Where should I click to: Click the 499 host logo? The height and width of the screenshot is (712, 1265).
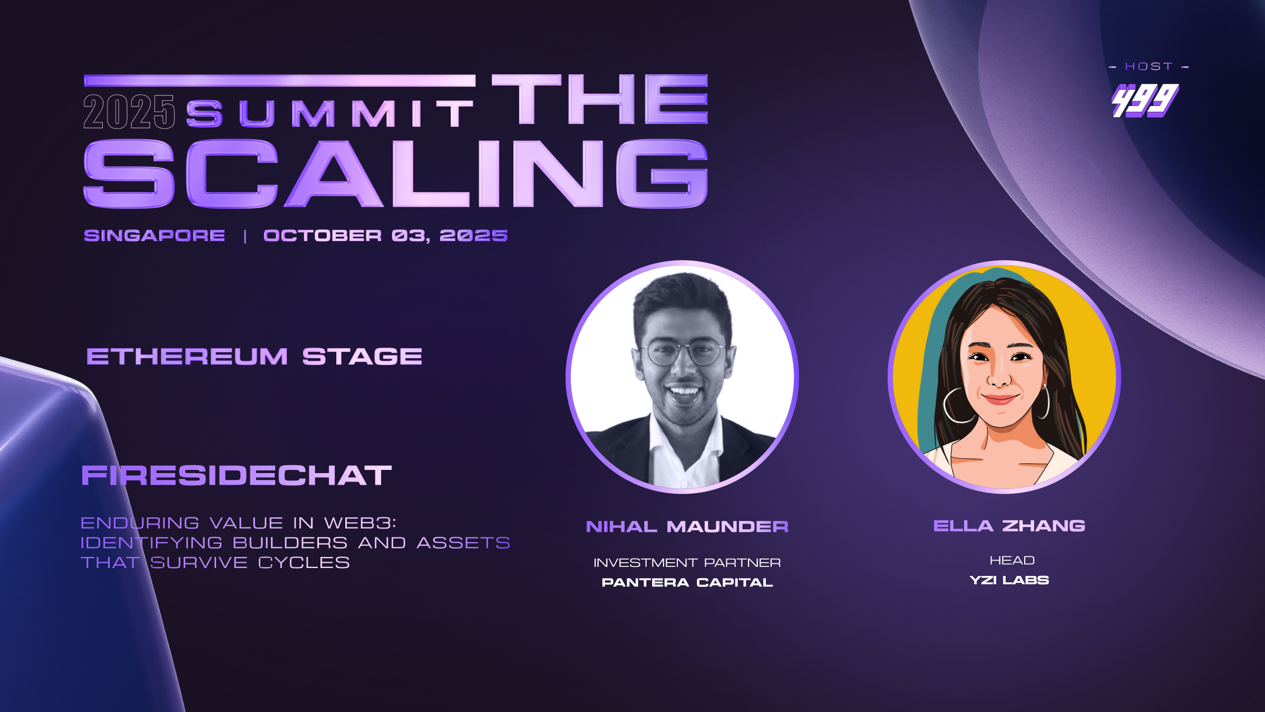[x=1145, y=100]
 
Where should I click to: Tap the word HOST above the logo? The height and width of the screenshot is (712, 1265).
[x=1149, y=66]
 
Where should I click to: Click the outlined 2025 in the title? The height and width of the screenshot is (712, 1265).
[x=129, y=112]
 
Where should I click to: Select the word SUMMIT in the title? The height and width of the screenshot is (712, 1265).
[x=330, y=113]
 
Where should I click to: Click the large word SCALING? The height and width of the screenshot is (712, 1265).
[x=395, y=174]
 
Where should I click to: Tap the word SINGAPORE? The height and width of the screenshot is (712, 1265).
[x=154, y=235]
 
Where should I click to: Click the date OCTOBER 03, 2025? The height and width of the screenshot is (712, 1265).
[x=385, y=235]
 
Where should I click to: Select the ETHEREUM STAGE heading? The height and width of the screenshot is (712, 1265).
[x=254, y=357]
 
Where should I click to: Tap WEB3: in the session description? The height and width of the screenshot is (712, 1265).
[x=360, y=523]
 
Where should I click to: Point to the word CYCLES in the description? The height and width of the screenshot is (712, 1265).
[x=304, y=563]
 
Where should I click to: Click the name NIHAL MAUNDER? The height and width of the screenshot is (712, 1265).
[x=687, y=526]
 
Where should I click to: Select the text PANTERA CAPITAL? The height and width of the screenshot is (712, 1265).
[x=687, y=582]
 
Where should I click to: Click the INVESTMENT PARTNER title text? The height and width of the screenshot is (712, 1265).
[x=687, y=563]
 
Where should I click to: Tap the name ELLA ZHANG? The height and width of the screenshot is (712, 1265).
[x=1009, y=525]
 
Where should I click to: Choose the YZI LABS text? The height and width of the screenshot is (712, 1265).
[x=1009, y=580]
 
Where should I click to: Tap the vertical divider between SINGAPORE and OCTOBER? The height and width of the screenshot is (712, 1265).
[x=245, y=236]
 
